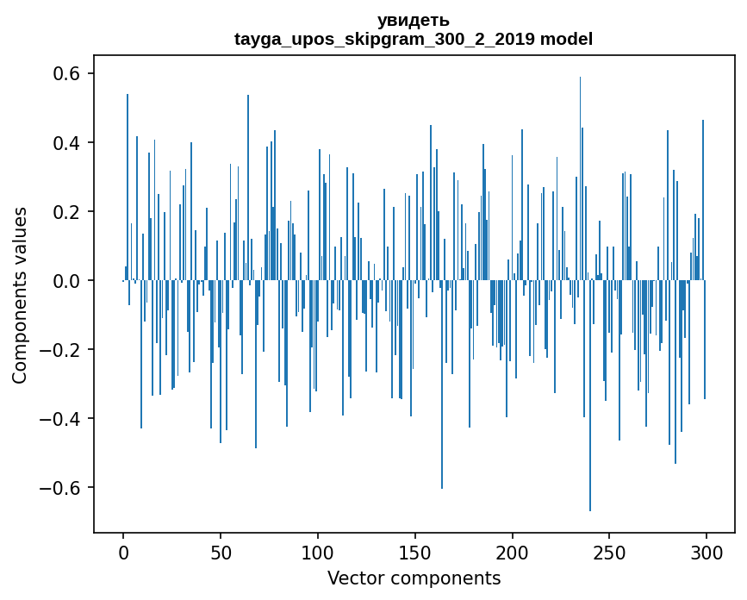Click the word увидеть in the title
point(414,21)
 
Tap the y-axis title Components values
point(20,295)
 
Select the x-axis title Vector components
point(414,578)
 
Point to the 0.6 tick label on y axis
point(63,74)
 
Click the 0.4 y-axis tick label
point(63,143)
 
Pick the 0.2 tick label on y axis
point(63,212)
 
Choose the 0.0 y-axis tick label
point(63,281)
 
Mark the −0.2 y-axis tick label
point(57,350)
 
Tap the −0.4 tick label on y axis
point(57,419)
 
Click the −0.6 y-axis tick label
point(57,488)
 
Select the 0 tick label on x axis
point(123,552)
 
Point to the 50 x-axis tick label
point(221,552)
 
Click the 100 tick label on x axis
point(318,552)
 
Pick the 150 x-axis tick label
point(415,552)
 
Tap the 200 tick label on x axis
point(513,552)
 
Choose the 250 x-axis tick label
point(609,552)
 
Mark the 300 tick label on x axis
point(707,552)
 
